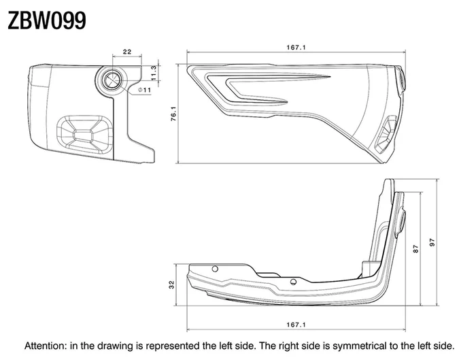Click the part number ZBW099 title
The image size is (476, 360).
coord(47,20)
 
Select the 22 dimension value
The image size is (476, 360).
coord(127,52)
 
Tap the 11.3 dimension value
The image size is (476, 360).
coord(153,73)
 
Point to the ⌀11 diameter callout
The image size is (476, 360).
coord(144,90)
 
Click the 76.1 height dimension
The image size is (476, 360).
coord(173,114)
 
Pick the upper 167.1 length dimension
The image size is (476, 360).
coord(296,48)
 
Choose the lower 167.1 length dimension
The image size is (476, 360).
coord(296,325)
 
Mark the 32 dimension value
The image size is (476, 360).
coord(172,284)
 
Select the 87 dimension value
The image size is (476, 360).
coord(416,248)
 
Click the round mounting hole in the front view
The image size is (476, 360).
coord(112,80)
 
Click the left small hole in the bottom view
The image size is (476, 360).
coord(215,269)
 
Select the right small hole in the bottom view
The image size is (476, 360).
coord(293,282)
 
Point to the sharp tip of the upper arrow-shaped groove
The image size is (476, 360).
coord(330,76)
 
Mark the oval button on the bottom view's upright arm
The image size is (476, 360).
coord(402,221)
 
